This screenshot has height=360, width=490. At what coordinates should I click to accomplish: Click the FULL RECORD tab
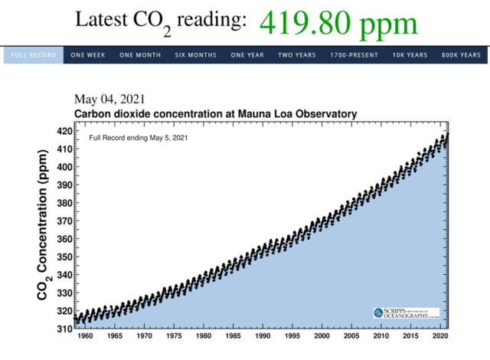(x=32, y=55)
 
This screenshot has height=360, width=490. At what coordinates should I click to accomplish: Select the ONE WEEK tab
(x=87, y=55)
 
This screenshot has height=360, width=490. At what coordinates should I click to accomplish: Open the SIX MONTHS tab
(x=195, y=55)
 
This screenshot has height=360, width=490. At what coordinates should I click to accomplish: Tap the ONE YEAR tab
(x=248, y=55)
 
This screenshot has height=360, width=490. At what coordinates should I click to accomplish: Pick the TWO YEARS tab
(x=297, y=55)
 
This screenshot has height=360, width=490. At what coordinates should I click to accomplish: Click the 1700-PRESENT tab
(x=354, y=55)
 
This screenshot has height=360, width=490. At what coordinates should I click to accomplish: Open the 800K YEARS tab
(x=462, y=55)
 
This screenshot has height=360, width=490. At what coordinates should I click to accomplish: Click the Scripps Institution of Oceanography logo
(x=406, y=313)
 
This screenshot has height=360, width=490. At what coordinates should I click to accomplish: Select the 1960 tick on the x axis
(x=84, y=336)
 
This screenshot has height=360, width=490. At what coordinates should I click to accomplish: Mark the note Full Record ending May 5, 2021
(x=138, y=138)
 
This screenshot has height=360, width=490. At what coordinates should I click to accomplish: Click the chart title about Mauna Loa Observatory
(x=215, y=114)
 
